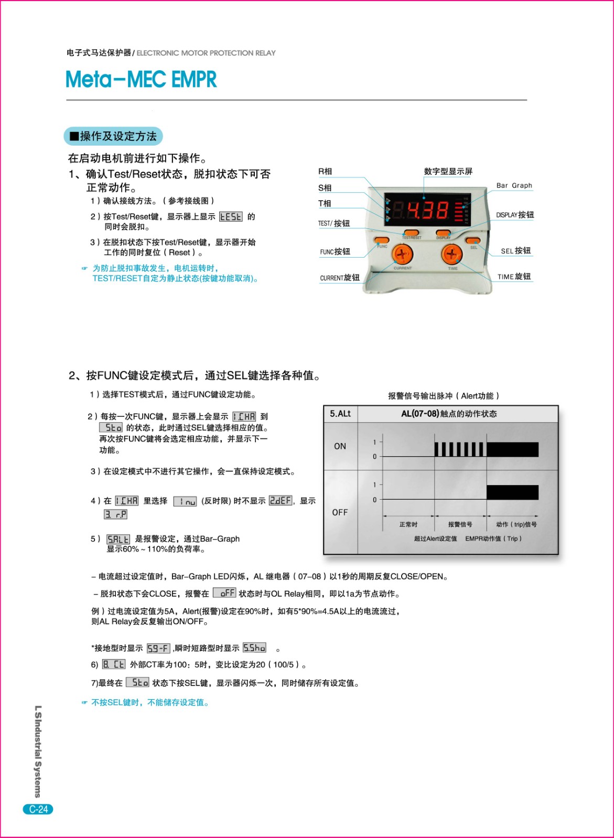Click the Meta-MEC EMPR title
(x=141, y=80)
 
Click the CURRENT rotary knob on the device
(x=402, y=255)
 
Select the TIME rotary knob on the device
(x=451, y=255)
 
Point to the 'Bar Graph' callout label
(x=514, y=185)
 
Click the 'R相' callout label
(x=325, y=171)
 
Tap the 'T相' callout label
(x=325, y=203)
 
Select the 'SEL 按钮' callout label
(x=515, y=251)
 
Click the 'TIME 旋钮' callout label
(x=514, y=277)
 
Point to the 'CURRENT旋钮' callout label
(x=340, y=278)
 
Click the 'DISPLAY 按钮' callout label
(x=515, y=215)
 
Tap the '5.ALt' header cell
(x=340, y=414)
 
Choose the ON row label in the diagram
(x=340, y=446)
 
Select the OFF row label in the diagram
(x=340, y=512)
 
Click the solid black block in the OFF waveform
(x=512, y=492)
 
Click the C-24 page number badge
(x=38, y=809)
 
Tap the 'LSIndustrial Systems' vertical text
(x=38, y=751)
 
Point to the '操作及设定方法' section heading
(x=113, y=136)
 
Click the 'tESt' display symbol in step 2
(x=231, y=216)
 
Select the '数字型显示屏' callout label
(x=448, y=171)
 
